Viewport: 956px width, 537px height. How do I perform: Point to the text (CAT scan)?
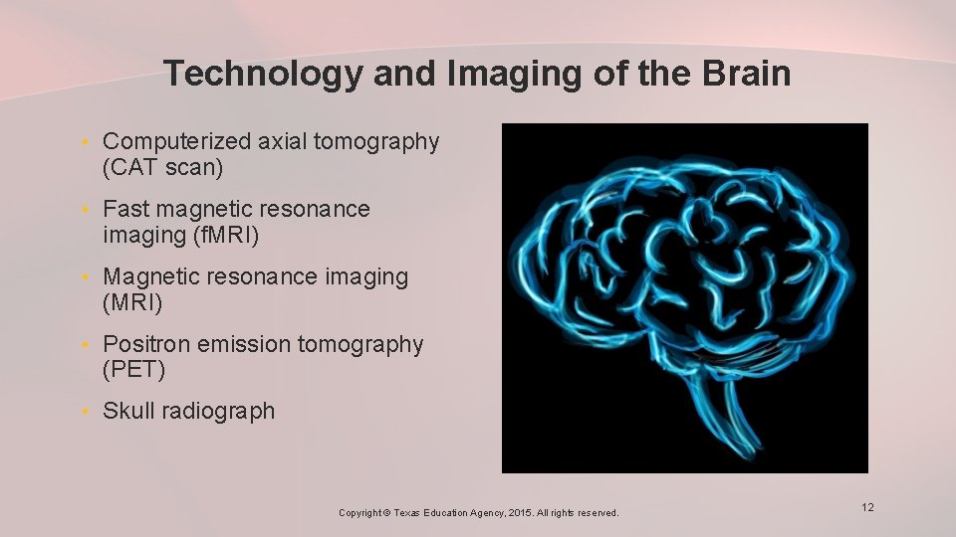pyautogui.click(x=162, y=167)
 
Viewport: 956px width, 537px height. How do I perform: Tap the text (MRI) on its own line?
pyautogui.click(x=133, y=302)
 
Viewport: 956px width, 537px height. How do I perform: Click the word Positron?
pyautogui.click(x=146, y=345)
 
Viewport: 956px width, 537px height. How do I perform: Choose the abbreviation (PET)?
pyautogui.click(x=133, y=370)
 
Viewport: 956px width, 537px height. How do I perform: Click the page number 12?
pyautogui.click(x=867, y=508)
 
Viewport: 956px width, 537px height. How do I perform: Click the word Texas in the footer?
pyautogui.click(x=407, y=513)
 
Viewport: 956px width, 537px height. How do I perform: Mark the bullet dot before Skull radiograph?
pyautogui.click(x=88, y=412)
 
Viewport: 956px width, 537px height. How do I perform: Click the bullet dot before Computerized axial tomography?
pyautogui.click(x=88, y=143)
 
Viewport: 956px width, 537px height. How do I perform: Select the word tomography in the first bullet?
pyautogui.click(x=376, y=142)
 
